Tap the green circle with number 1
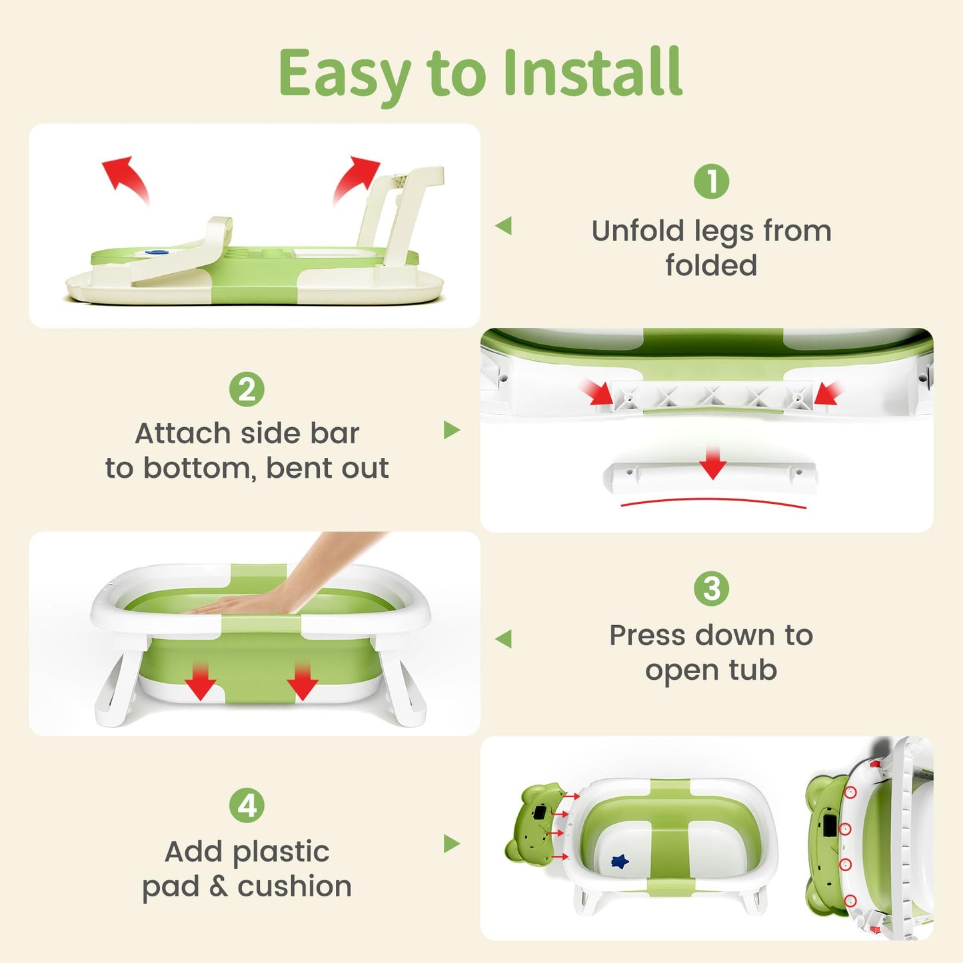click(x=711, y=181)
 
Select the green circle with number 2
click(x=247, y=389)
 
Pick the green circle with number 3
click(x=711, y=588)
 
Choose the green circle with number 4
click(x=247, y=805)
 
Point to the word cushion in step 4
click(x=295, y=886)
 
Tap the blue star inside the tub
click(x=620, y=860)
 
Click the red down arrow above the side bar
click(x=712, y=463)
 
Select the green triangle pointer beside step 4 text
click(x=452, y=844)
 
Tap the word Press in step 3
click(x=648, y=636)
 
